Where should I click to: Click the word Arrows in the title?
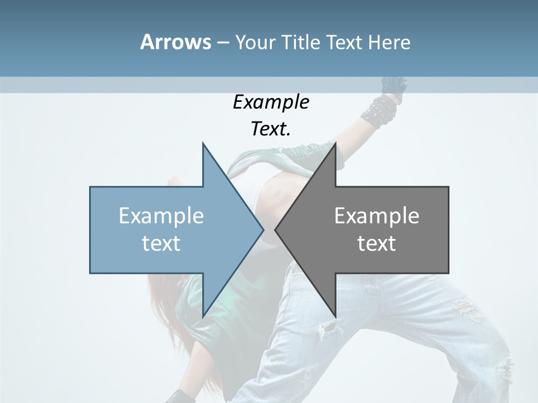(175, 42)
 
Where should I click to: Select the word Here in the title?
(389, 42)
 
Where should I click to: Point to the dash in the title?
(222, 43)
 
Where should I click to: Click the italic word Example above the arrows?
(271, 102)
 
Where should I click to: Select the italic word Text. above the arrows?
(271, 129)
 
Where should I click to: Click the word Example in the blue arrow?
(161, 215)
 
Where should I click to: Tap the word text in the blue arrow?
(161, 243)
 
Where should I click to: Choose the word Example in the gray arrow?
(377, 215)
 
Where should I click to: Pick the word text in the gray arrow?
(377, 243)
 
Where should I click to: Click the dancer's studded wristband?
(378, 109)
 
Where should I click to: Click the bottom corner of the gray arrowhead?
(335, 316)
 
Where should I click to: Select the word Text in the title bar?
(344, 42)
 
